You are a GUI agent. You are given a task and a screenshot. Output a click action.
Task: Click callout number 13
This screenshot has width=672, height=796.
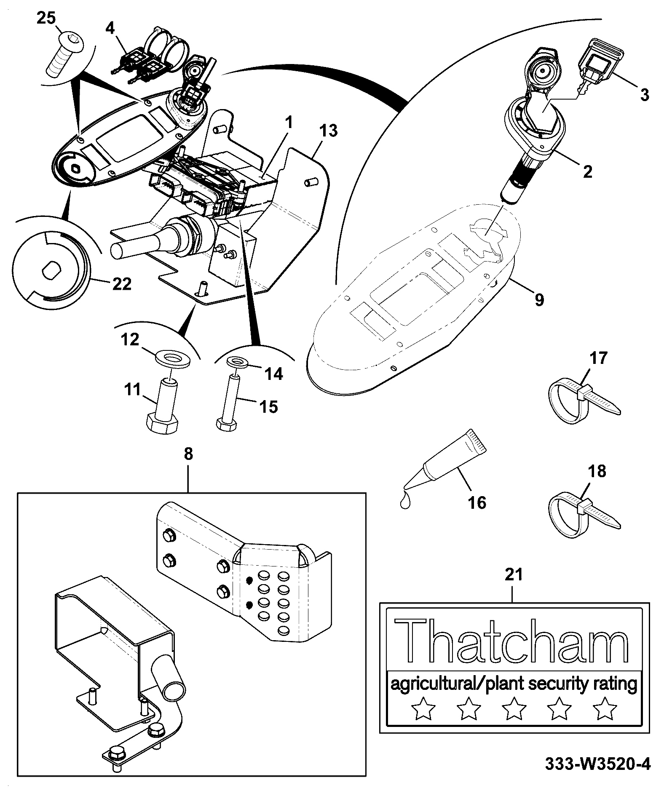[328, 131]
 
